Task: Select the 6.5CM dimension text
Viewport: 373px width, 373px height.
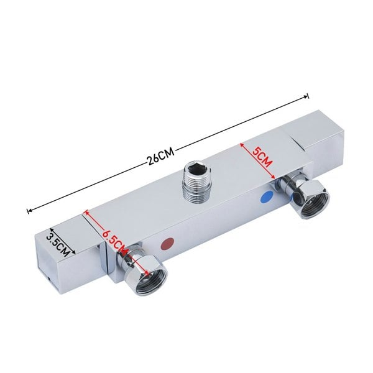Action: tap(116, 239)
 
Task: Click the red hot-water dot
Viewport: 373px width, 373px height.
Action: tap(167, 244)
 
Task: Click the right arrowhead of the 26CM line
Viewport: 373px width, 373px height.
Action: tap(306, 96)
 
